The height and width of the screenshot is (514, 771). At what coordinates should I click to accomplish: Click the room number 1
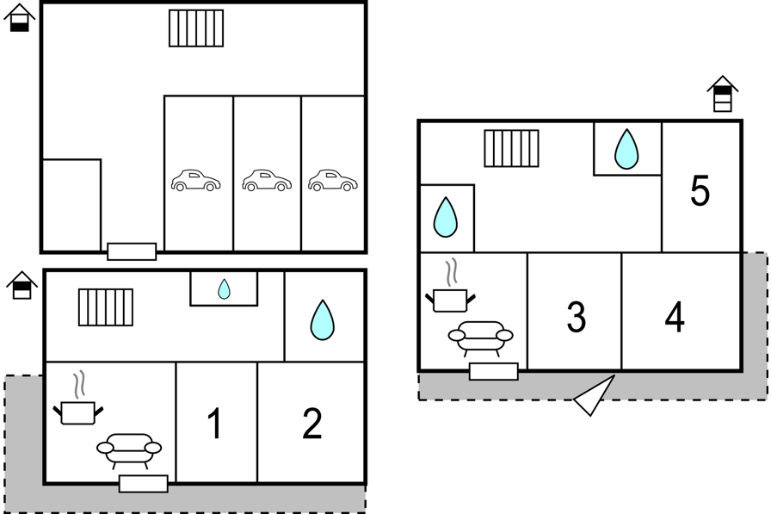(x=215, y=424)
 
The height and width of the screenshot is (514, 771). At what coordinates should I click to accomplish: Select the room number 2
(x=312, y=424)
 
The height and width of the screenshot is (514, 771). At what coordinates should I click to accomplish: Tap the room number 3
(x=577, y=317)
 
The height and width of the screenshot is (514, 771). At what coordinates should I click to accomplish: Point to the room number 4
(x=675, y=317)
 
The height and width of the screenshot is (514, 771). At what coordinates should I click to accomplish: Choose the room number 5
(x=700, y=191)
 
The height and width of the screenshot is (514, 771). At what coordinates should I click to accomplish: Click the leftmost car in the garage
(x=195, y=181)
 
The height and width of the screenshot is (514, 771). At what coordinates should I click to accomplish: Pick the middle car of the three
(x=267, y=181)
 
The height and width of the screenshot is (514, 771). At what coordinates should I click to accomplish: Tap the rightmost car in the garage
(x=333, y=181)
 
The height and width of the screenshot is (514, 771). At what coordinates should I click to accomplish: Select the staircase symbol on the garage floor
(x=196, y=28)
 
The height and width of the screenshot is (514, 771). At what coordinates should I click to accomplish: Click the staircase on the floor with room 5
(x=511, y=149)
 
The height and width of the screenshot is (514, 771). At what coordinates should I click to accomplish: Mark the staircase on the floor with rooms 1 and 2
(x=106, y=307)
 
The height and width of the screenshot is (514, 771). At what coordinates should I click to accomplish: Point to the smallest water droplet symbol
(x=224, y=289)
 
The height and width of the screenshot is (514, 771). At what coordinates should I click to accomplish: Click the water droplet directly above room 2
(x=323, y=319)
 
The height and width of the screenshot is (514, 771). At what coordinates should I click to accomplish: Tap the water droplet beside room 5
(x=626, y=149)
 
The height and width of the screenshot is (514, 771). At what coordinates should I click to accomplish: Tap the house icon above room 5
(x=723, y=94)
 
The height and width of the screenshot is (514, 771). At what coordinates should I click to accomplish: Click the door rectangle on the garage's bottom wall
(x=132, y=251)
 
